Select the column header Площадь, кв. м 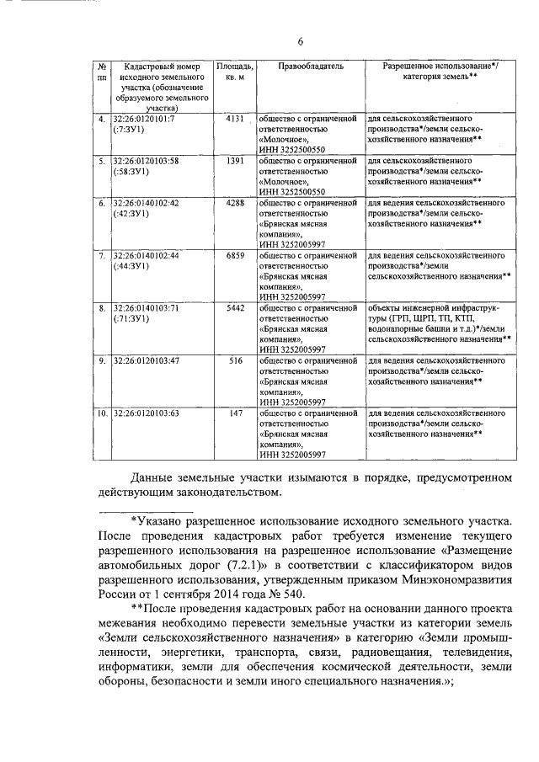coord(234,71)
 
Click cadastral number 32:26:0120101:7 coord(142,120)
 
